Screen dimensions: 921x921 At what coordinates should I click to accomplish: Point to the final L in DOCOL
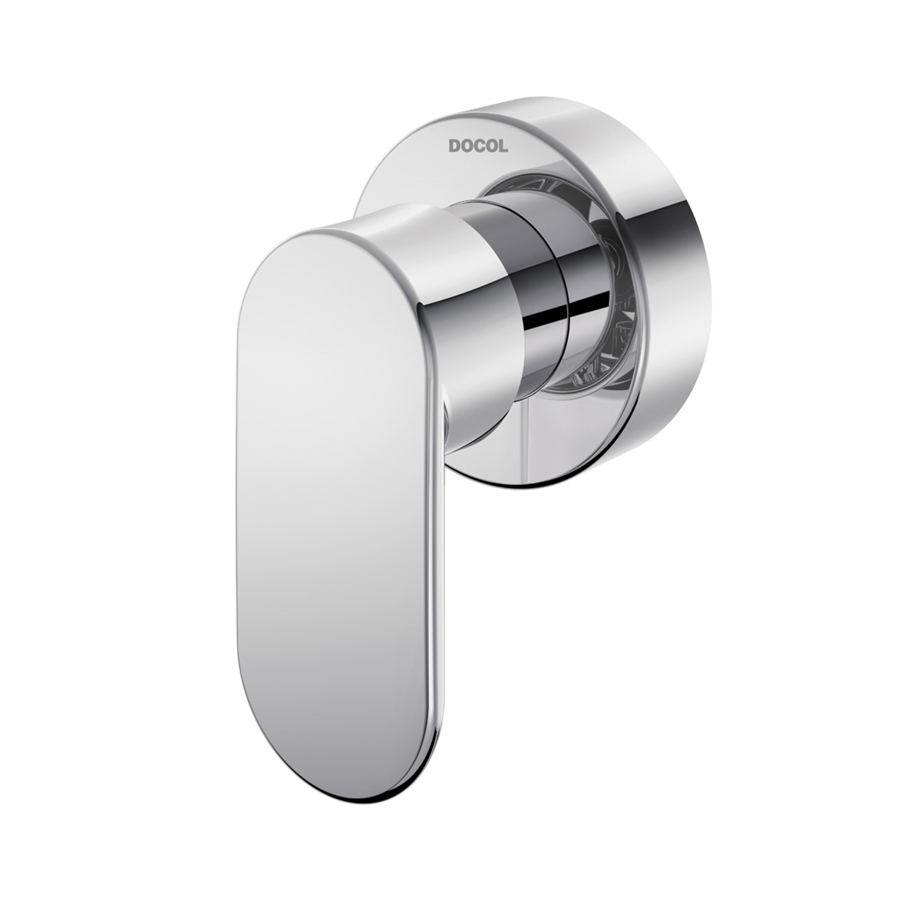(502, 146)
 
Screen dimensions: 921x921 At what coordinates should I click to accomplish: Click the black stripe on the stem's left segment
(546, 315)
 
